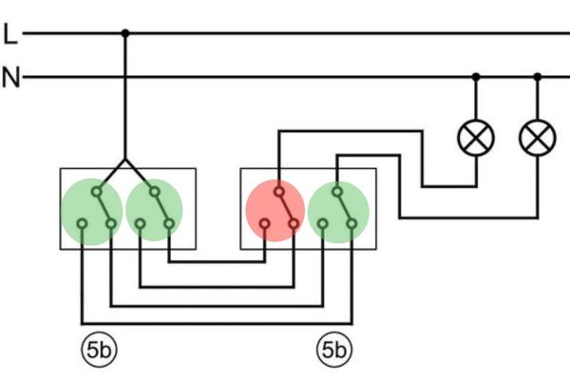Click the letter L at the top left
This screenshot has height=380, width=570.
(10, 34)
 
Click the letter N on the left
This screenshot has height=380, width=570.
(10, 77)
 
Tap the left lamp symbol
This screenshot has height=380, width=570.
(475, 139)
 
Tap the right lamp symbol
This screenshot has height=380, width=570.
(537, 139)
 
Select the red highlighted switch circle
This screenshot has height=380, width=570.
(275, 210)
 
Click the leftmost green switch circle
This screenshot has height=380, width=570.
(92, 210)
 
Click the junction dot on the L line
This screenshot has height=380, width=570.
(125, 33)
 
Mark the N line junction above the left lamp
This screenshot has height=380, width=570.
(475, 76)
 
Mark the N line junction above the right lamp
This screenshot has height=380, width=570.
(537, 76)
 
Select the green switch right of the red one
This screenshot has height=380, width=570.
(339, 210)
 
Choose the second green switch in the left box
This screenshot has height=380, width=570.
(154, 210)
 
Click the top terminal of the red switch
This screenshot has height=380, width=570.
(278, 191)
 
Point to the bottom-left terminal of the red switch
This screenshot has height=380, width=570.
(265, 225)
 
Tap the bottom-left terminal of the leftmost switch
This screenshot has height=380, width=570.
(83, 225)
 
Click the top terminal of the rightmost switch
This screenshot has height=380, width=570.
(337, 191)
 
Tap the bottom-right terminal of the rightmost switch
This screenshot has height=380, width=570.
(352, 225)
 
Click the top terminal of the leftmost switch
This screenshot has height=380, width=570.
(97, 191)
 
